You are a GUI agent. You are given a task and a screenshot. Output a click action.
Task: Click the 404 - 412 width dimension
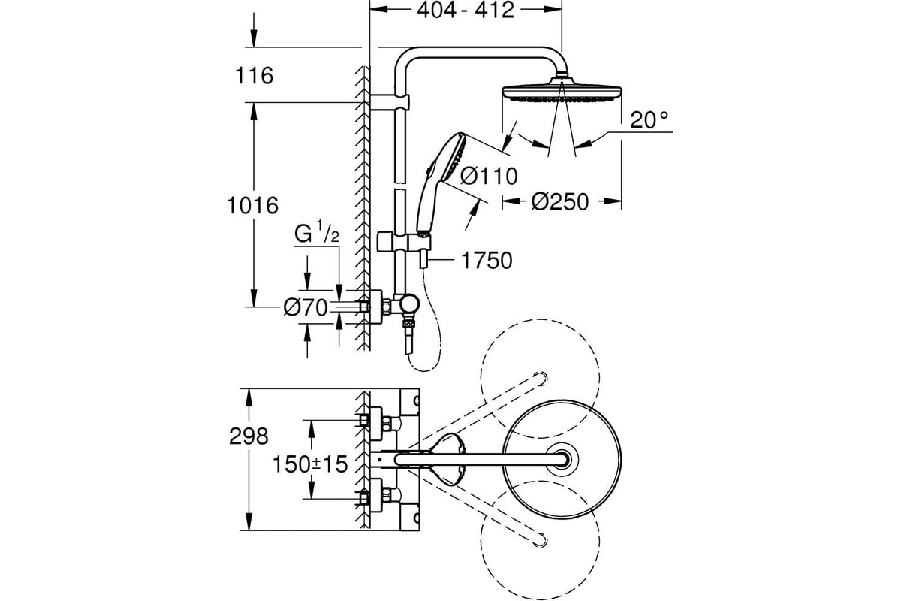point(466,11)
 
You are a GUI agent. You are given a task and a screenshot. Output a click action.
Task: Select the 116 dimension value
point(254,75)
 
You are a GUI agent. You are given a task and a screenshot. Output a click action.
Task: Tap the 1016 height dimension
point(252,205)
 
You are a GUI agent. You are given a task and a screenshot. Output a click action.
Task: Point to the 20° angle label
point(649,119)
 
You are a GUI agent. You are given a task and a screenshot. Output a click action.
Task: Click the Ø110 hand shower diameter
point(489,177)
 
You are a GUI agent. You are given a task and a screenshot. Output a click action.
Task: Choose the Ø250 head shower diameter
point(560,201)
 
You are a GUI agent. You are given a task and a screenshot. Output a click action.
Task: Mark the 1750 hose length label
point(487,260)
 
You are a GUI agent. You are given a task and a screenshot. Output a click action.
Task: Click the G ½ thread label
point(317,233)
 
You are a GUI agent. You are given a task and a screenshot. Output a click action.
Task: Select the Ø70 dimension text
point(306,308)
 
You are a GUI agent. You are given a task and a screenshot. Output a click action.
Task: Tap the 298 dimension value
point(249,436)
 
